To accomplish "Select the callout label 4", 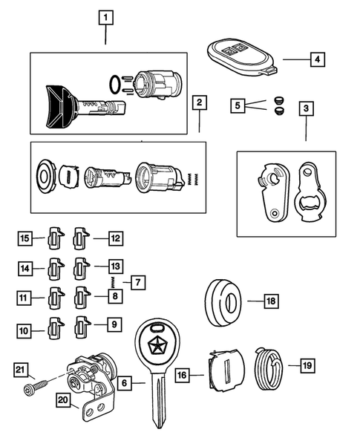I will [316, 58].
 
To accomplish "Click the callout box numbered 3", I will [307, 108].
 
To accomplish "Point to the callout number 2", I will [198, 102].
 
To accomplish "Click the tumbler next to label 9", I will [82, 324].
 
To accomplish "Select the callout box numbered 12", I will [114, 238].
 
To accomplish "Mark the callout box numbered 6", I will [125, 382].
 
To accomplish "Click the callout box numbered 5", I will [237, 105].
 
